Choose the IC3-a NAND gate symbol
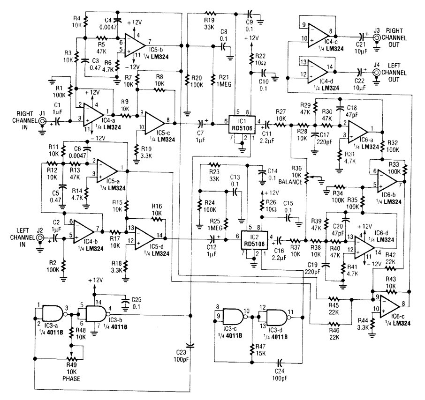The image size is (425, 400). click(x=52, y=312)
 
